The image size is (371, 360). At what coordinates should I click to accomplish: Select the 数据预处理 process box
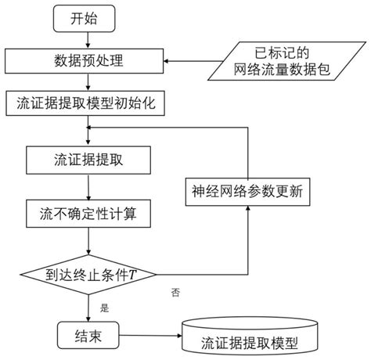pyautogui.click(x=88, y=60)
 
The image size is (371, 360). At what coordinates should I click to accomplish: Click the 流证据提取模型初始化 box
pyautogui.click(x=88, y=101)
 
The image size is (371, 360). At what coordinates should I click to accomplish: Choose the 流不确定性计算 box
pyautogui.click(x=88, y=212)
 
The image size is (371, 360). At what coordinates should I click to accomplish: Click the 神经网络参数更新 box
pyautogui.click(x=250, y=189)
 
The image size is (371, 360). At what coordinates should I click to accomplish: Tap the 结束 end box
pyautogui.click(x=88, y=334)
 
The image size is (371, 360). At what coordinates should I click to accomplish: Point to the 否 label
pyautogui.click(x=175, y=291)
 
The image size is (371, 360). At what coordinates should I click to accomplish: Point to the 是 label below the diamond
pyautogui.click(x=105, y=306)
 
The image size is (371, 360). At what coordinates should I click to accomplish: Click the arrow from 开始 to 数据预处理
pyautogui.click(x=88, y=40)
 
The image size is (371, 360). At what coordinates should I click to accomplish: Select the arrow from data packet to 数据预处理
pyautogui.click(x=200, y=60)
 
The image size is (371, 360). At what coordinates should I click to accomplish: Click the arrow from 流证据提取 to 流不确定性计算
pyautogui.click(x=88, y=186)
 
